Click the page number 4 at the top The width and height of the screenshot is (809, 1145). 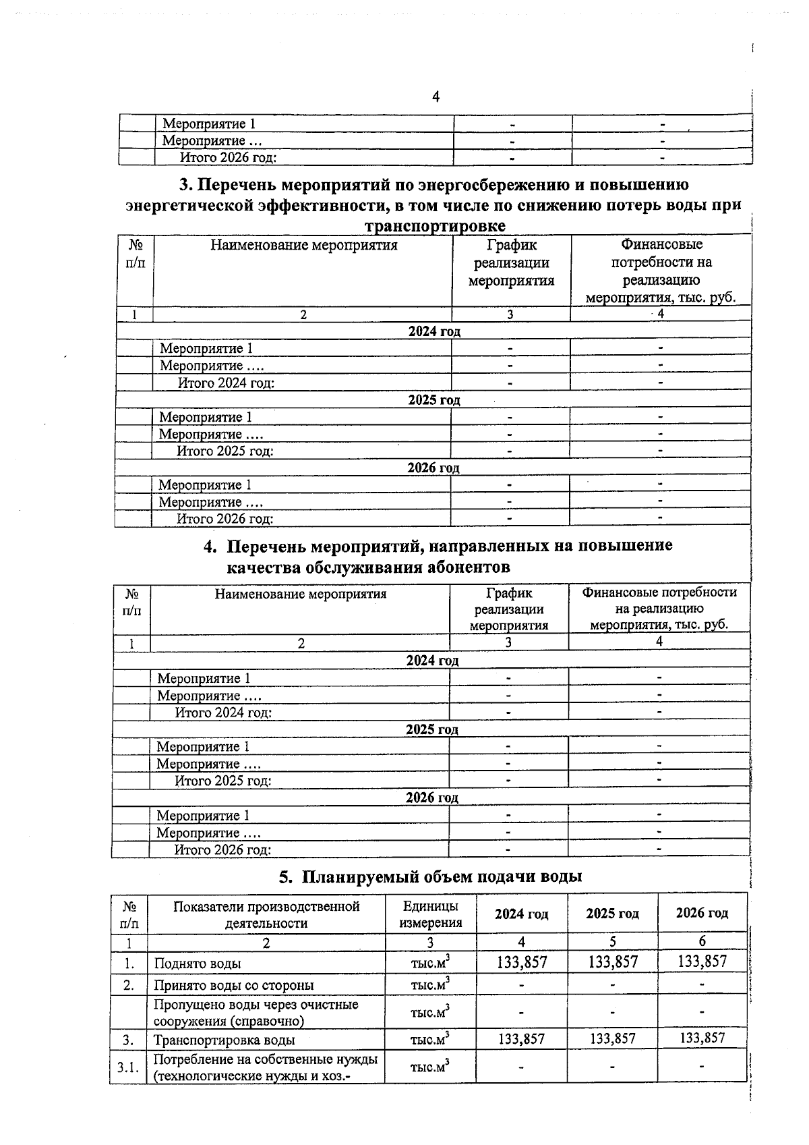point(436,97)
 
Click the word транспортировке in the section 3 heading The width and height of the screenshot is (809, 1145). point(435,225)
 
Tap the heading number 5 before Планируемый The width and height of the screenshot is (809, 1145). point(285,876)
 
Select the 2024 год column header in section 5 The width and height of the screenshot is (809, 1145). point(521,914)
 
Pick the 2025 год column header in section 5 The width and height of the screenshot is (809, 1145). point(612,914)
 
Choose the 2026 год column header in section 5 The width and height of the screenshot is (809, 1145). point(702,913)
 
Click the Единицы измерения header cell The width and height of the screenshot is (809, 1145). point(430,914)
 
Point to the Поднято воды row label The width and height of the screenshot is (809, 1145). point(198,964)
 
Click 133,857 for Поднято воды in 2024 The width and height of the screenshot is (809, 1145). point(522,962)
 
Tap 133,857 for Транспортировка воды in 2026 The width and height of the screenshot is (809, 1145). point(702,1038)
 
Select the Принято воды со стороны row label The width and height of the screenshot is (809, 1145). point(233,985)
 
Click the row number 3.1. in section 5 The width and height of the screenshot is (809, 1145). point(127,1067)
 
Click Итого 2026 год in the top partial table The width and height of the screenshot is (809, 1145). point(228,157)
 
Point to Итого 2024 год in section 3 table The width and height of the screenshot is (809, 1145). point(226,383)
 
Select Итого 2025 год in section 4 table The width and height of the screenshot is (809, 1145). point(223,781)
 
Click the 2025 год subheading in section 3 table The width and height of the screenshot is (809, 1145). point(433,400)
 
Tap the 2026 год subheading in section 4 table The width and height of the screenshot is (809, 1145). point(431,798)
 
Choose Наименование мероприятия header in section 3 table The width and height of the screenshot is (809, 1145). point(303,245)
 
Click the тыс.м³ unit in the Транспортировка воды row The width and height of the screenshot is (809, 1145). point(430,1040)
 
